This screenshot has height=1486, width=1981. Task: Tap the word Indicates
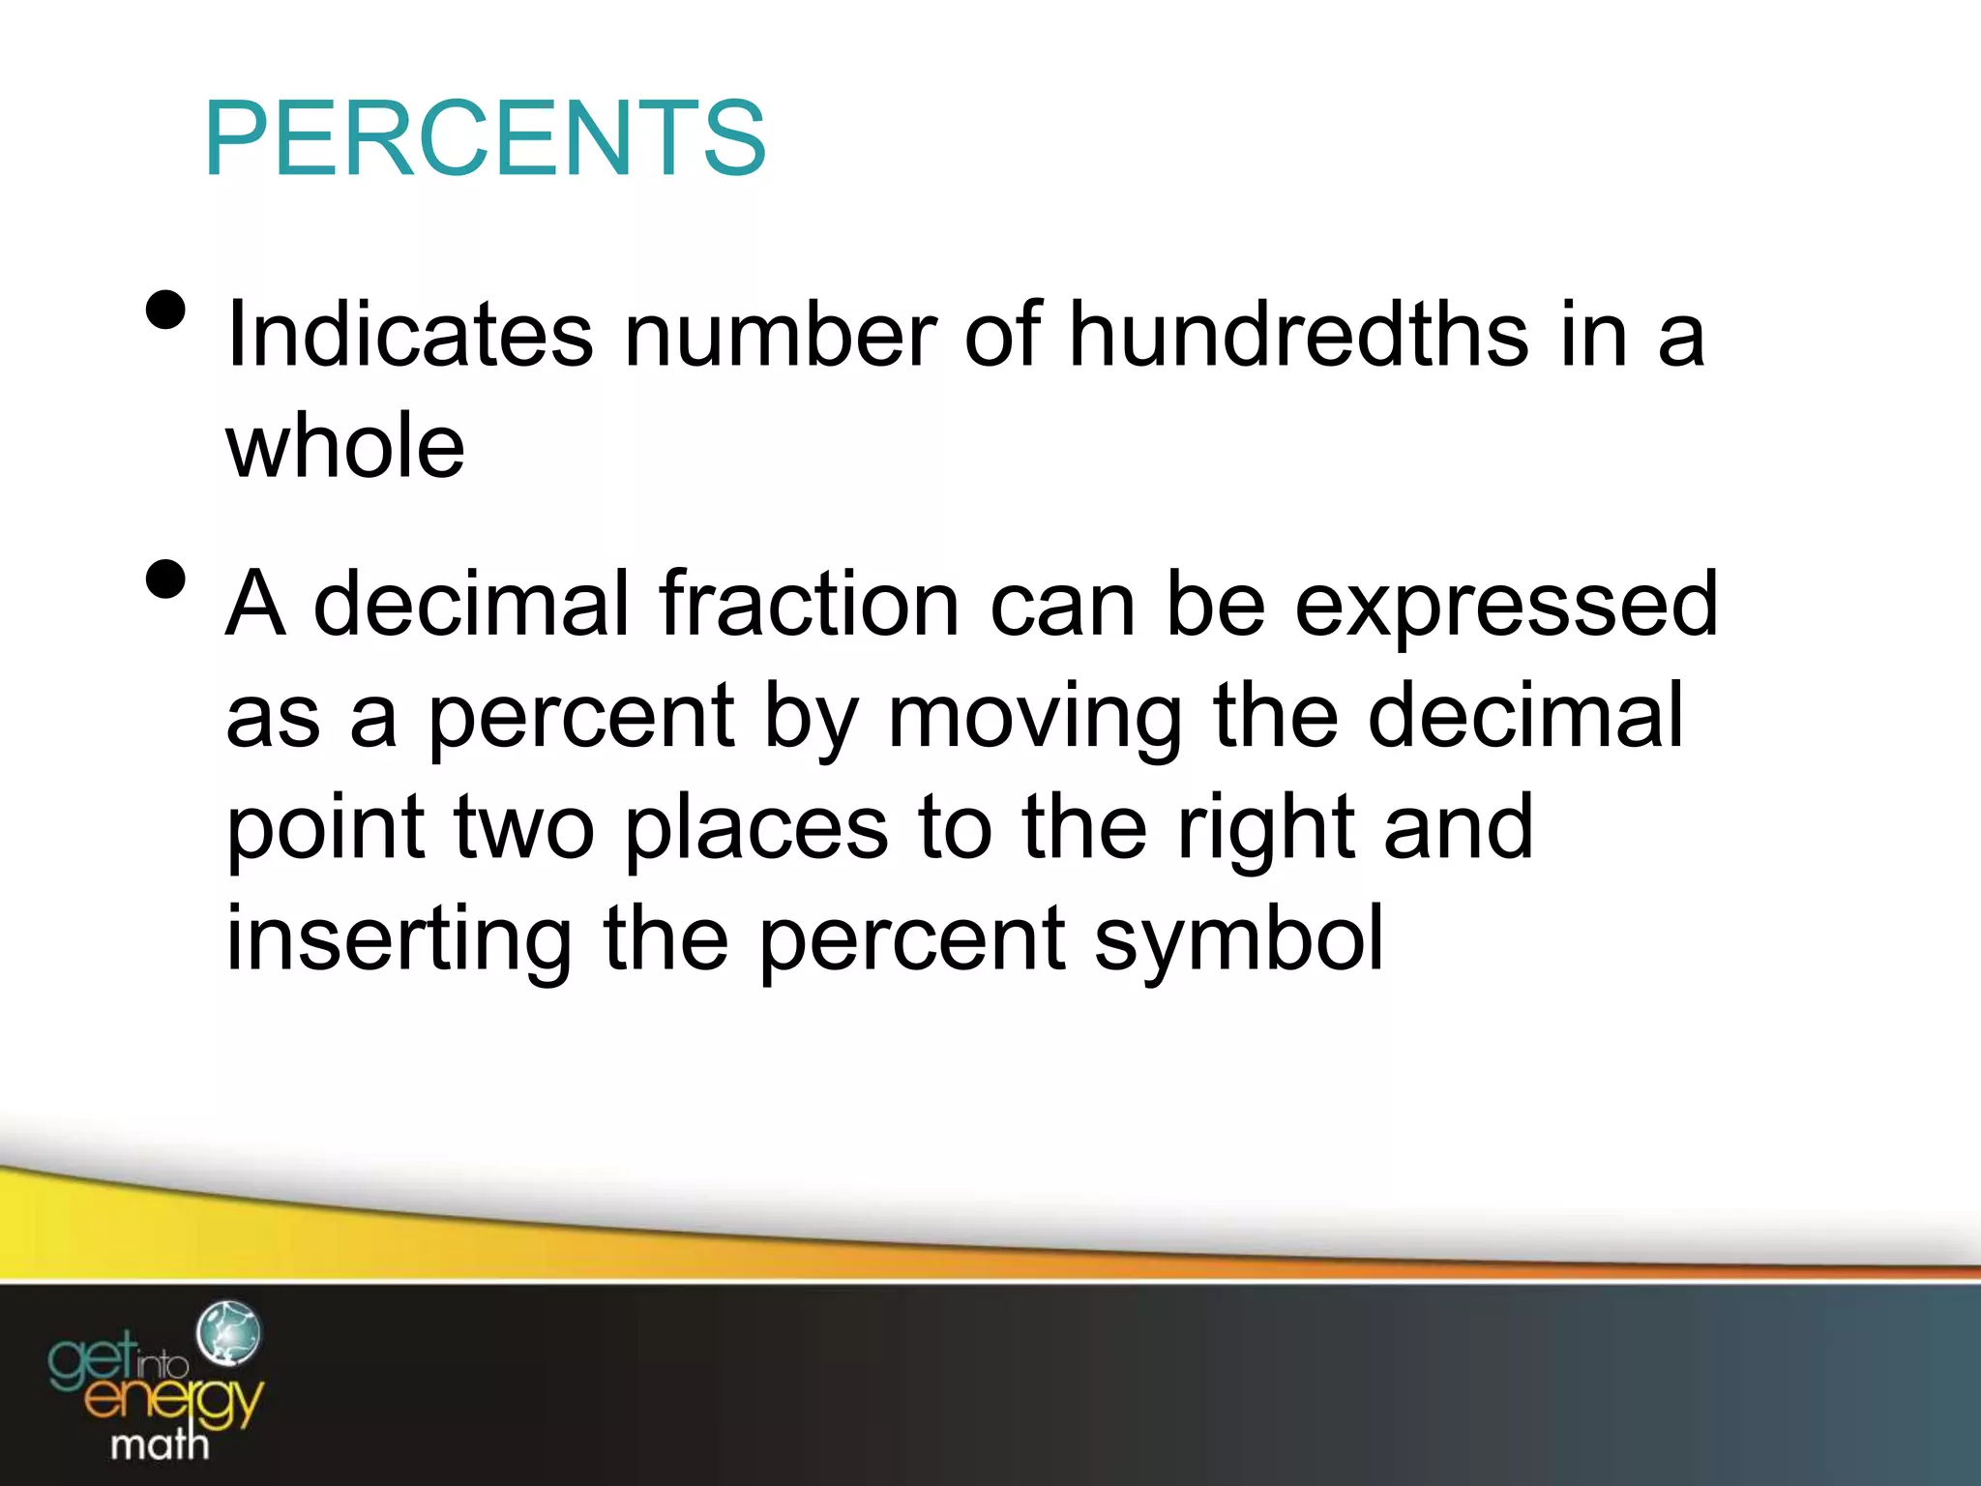(x=409, y=335)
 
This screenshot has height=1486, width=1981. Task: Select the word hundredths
(x=1299, y=335)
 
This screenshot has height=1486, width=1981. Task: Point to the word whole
(x=345, y=446)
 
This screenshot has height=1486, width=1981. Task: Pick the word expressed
(x=1506, y=608)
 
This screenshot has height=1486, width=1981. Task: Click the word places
(x=756, y=830)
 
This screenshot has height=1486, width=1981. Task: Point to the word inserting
(x=399, y=940)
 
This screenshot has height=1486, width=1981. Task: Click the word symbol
(x=1239, y=940)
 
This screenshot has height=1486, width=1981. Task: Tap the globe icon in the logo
(x=228, y=1333)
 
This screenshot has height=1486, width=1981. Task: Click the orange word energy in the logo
(x=174, y=1400)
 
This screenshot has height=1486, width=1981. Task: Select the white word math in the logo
(x=160, y=1444)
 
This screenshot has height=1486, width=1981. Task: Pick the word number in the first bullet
(x=780, y=335)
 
